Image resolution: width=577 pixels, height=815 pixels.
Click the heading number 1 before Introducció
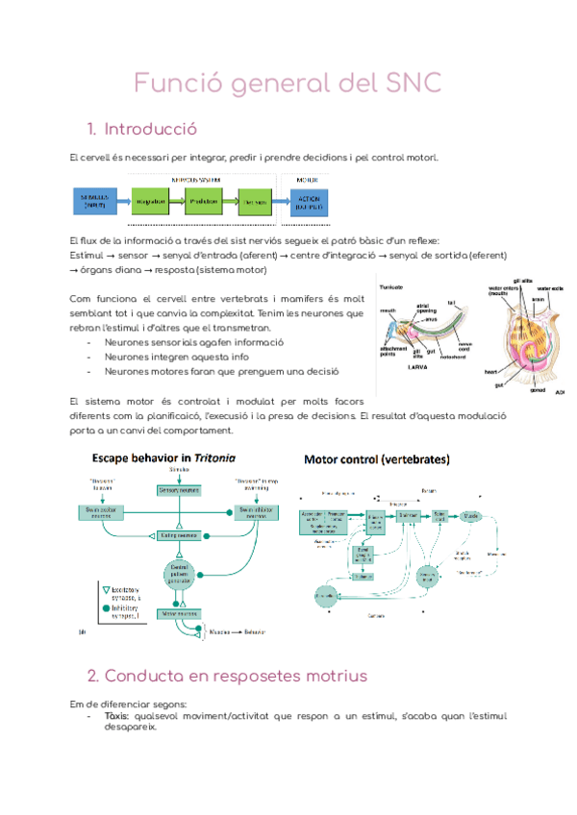(x=90, y=129)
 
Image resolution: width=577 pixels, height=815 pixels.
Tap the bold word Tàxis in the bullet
(x=116, y=716)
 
